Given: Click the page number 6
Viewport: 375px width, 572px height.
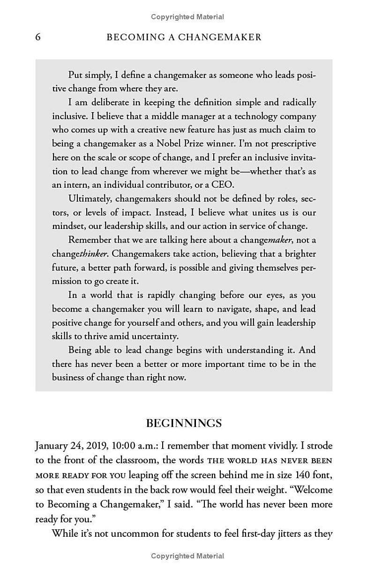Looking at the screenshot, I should click(38, 37).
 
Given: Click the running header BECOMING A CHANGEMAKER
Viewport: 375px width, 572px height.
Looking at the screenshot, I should click(184, 37).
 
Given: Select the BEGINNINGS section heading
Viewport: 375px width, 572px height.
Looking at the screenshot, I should click(184, 423).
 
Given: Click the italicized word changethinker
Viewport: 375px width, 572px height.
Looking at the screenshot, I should click(80, 254).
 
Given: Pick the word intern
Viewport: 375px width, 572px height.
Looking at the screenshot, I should click(76, 184).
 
